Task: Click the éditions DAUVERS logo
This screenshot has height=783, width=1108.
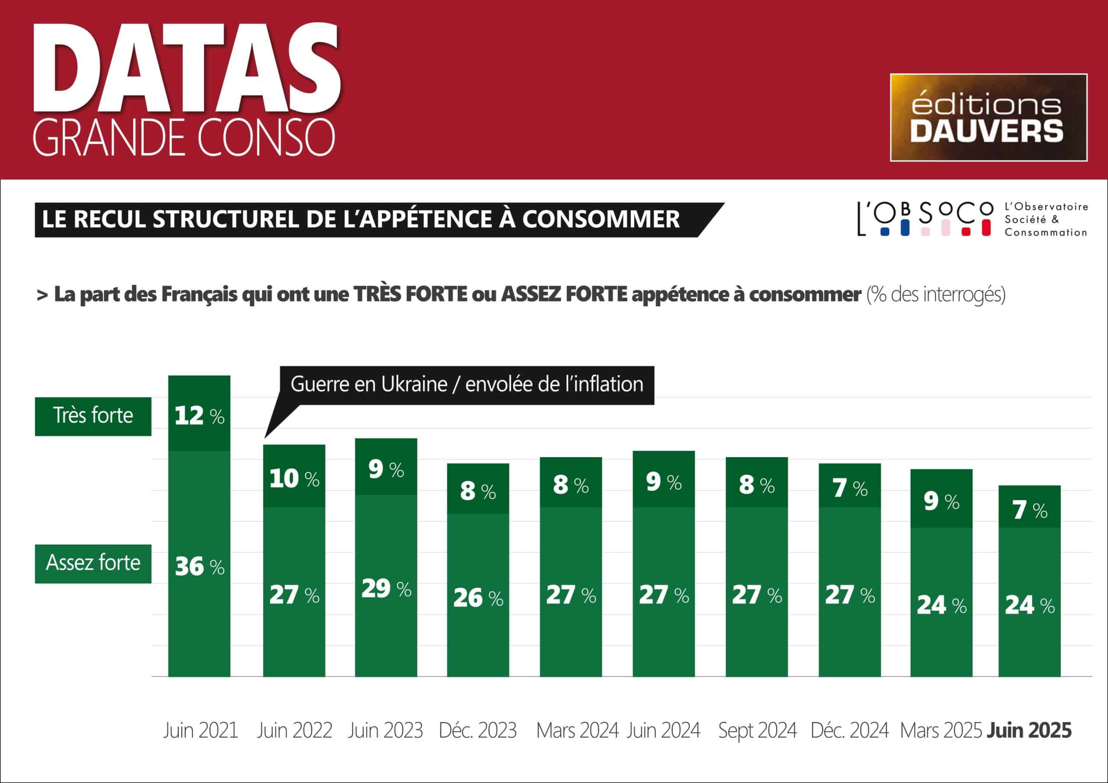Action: pyautogui.click(x=988, y=117)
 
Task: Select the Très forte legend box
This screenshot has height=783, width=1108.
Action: pyautogui.click(x=93, y=416)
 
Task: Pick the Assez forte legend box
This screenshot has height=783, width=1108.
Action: pyautogui.click(x=93, y=564)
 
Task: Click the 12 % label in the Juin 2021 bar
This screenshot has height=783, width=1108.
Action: pyautogui.click(x=199, y=416)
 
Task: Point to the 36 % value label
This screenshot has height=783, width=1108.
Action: pyautogui.click(x=199, y=566)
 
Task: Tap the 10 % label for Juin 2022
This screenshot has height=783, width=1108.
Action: pyautogui.click(x=294, y=478)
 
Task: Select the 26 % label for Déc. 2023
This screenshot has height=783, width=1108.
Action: pyautogui.click(x=478, y=598)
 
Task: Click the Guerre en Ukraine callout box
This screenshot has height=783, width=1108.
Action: pyautogui.click(x=467, y=385)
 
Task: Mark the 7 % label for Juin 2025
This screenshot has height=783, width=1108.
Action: pyautogui.click(x=1029, y=510)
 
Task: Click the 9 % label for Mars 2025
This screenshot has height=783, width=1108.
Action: pyautogui.click(x=941, y=502)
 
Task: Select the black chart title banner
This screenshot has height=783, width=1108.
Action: pyautogui.click(x=367, y=219)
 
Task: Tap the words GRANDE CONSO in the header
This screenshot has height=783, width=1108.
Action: pyautogui.click(x=184, y=138)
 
